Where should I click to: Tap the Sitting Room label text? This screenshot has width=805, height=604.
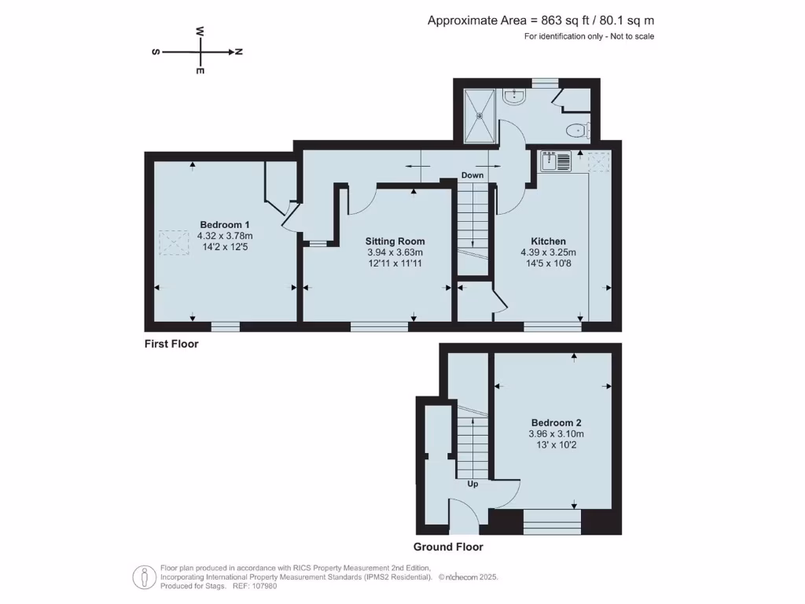pyautogui.click(x=395, y=241)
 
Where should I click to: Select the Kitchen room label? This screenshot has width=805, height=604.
pyautogui.click(x=548, y=241)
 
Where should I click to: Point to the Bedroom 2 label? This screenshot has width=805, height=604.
pyautogui.click(x=556, y=422)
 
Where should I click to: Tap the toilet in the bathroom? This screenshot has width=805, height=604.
pyautogui.click(x=578, y=130)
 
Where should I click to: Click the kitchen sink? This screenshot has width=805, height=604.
pyautogui.click(x=557, y=161)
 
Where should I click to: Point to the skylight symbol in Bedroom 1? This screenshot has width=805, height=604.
pyautogui.click(x=173, y=242)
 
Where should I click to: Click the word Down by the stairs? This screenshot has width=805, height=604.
pyautogui.click(x=472, y=175)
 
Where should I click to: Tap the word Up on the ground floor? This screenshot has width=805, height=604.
pyautogui.click(x=473, y=484)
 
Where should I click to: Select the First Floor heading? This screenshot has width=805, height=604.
pyautogui.click(x=171, y=344)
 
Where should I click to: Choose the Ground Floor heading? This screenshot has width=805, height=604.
pyautogui.click(x=448, y=547)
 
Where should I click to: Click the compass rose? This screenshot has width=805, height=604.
pyautogui.click(x=200, y=52)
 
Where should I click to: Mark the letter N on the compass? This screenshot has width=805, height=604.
pyautogui.click(x=238, y=52)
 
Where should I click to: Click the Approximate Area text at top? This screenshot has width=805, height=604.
pyautogui.click(x=540, y=20)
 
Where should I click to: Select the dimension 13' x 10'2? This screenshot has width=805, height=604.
pyautogui.click(x=556, y=444)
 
